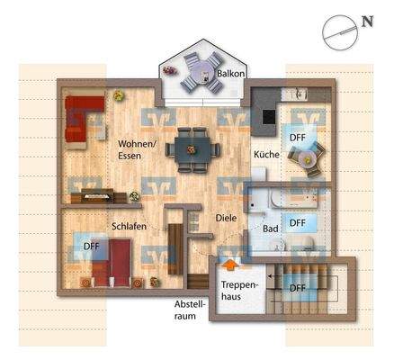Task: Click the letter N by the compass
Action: click(368, 20)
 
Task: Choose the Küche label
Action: click(266, 155)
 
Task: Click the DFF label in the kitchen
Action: click(298, 137)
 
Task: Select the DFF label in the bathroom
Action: click(298, 221)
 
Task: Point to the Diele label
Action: click(225, 217)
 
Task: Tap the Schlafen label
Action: click(129, 227)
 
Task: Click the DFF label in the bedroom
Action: click(91, 245)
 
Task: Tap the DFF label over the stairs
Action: click(298, 288)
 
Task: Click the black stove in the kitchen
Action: click(267, 111)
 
